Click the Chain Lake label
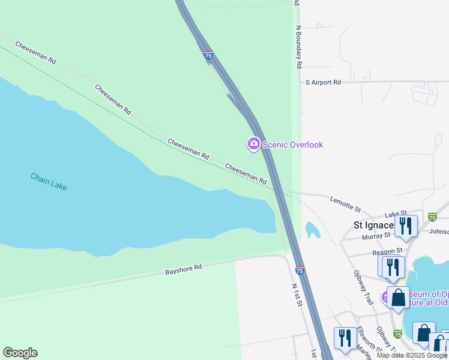pos(49,181)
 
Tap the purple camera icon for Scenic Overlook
pos(253,144)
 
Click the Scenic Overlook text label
pos(293,145)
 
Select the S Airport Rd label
pos(323,82)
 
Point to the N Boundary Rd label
pos(298,47)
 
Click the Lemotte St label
pos(345,204)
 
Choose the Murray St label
pos(376,237)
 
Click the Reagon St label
pos(387,251)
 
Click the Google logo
pos(20,353)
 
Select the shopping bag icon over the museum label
pos(398,298)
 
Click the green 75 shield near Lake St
pos(432,217)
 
